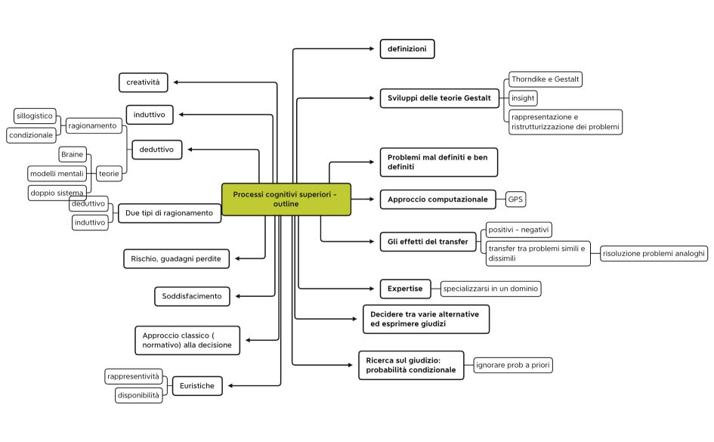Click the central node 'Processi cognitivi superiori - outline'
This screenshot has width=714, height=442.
(x=286, y=199)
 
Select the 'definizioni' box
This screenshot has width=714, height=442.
(x=407, y=49)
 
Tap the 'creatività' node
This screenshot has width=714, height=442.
(x=143, y=82)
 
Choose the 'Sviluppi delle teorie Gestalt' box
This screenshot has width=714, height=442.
(x=439, y=98)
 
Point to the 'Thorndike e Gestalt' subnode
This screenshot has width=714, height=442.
(x=545, y=79)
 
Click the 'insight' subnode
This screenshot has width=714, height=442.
(x=523, y=98)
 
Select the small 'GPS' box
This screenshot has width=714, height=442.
(x=515, y=199)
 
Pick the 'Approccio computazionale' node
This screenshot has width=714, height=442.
(x=438, y=199)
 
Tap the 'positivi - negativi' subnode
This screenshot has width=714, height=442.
(x=519, y=229)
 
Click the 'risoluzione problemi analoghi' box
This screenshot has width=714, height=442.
(x=654, y=254)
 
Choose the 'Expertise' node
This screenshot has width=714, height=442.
(x=405, y=289)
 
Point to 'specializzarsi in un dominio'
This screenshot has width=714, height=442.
(x=490, y=289)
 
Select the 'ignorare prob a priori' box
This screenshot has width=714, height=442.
(x=513, y=366)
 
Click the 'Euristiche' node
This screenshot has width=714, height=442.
(x=197, y=386)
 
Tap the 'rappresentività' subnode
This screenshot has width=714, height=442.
(x=134, y=376)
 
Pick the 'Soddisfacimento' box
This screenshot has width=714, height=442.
(x=192, y=296)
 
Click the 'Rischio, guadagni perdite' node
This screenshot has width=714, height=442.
(x=176, y=258)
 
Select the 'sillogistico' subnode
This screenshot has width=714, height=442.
(x=35, y=116)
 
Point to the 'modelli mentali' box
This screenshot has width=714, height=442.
(x=57, y=173)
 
